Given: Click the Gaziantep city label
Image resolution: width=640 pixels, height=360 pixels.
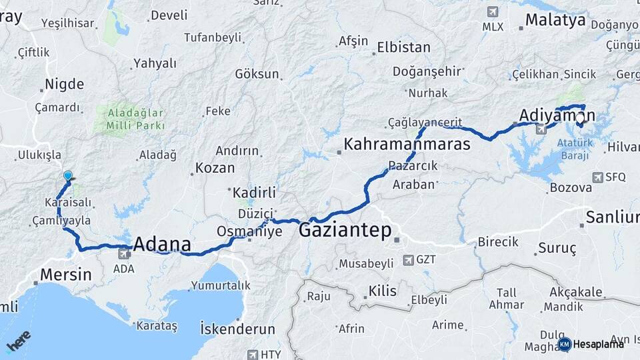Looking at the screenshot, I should pyautogui.click(x=345, y=231).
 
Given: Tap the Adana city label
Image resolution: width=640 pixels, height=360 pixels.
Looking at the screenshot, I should pyautogui.click(x=162, y=244).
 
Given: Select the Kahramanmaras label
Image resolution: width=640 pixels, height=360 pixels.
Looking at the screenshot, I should pyautogui.click(x=407, y=144).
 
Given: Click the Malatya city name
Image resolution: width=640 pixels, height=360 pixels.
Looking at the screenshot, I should pyautogui.click(x=555, y=20).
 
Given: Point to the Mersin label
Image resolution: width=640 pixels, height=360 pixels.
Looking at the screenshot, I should pyautogui.click(x=65, y=274).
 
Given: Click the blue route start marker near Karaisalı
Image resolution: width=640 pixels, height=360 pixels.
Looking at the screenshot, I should pyautogui.click(x=67, y=176).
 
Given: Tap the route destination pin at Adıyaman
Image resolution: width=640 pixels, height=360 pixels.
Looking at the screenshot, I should pyautogui.click(x=580, y=120).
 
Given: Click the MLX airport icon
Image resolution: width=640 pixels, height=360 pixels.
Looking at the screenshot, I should pyautogui.click(x=493, y=11).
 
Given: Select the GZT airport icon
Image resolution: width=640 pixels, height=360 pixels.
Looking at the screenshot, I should pyautogui.click(x=407, y=259).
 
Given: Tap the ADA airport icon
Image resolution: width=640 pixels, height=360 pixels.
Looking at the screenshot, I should pyautogui.click(x=123, y=254).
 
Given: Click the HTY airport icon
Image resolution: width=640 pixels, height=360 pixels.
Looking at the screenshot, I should pyautogui.click(x=253, y=355).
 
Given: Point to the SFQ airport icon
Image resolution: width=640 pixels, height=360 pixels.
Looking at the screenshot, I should pyautogui.click(x=597, y=177).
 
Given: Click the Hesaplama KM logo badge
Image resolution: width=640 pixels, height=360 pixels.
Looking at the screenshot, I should pyautogui.click(x=565, y=344).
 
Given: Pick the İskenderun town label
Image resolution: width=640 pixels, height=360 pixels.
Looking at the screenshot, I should pyautogui.click(x=237, y=329).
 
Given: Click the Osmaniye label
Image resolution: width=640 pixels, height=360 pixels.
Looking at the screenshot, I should pyautogui.click(x=249, y=231).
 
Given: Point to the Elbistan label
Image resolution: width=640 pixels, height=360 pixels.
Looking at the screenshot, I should pyautogui.click(x=403, y=48).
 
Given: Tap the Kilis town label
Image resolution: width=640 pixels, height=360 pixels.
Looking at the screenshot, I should pyautogui.click(x=383, y=291).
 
